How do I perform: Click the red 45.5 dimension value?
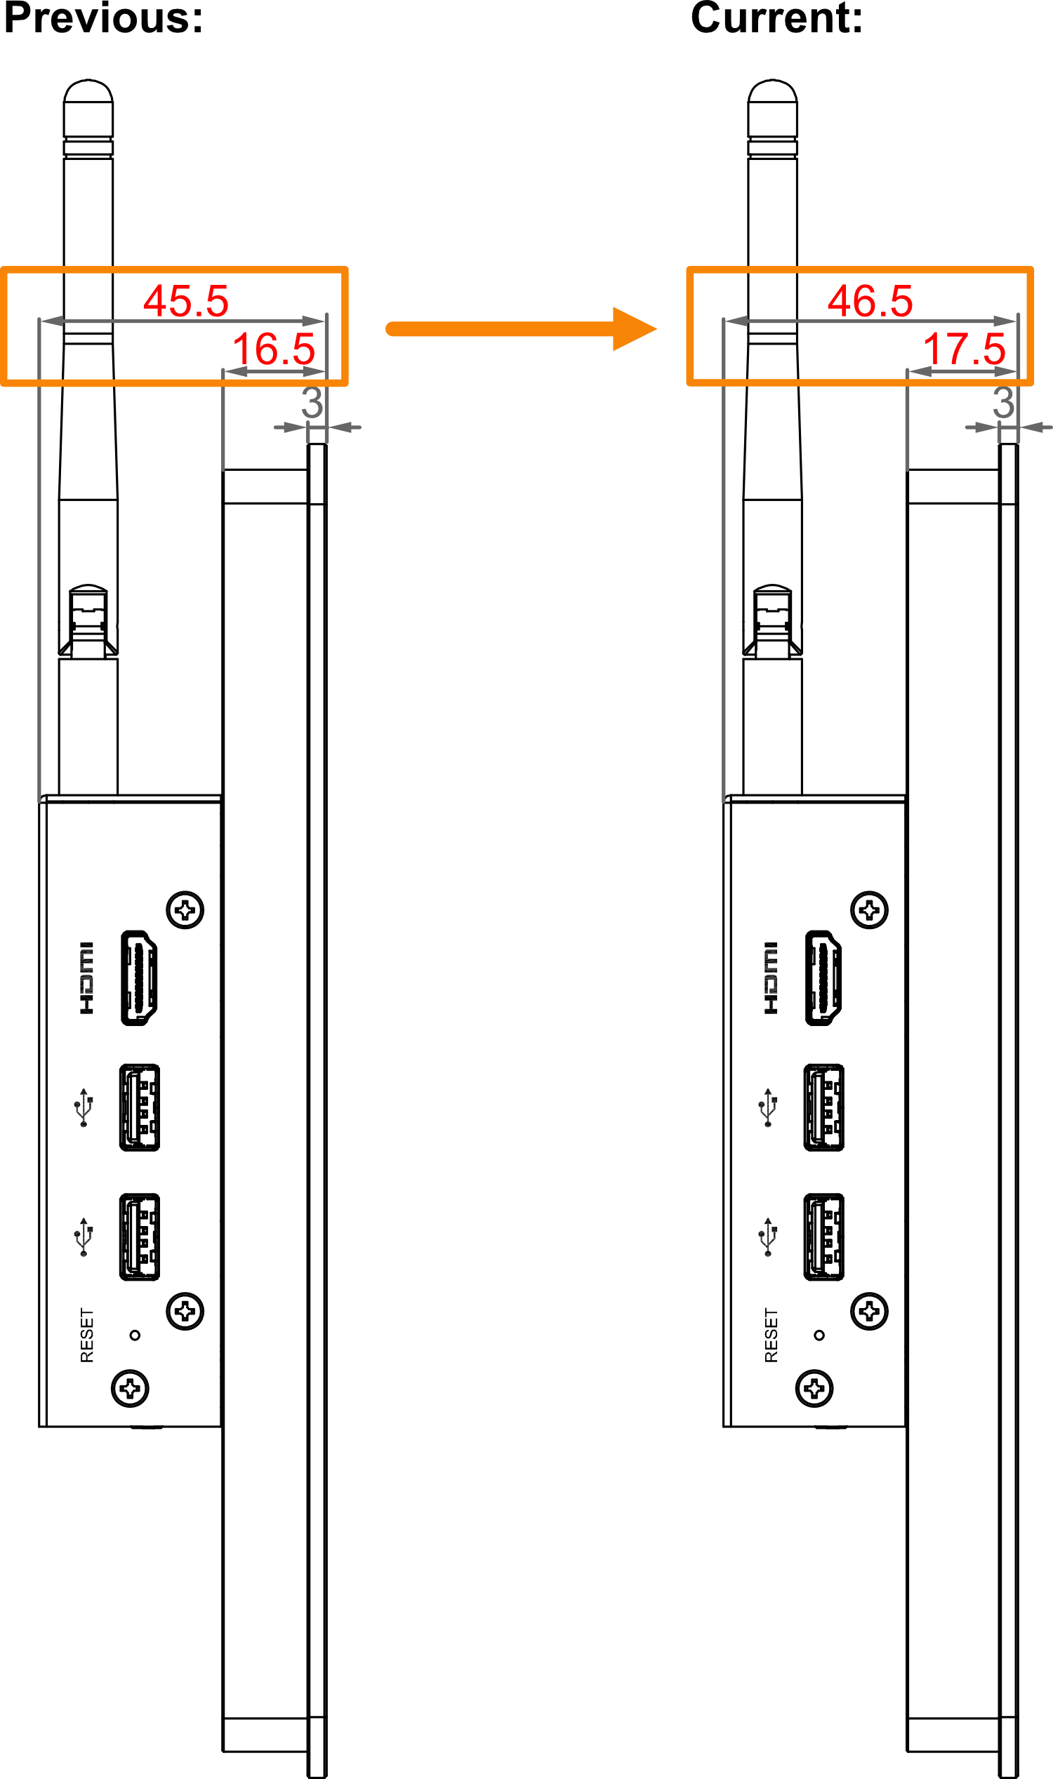[x=186, y=301]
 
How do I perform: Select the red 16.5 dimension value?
[x=274, y=349]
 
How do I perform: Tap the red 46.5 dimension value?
[x=870, y=301]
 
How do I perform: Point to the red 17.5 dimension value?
[x=965, y=349]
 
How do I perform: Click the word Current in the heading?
[x=769, y=17]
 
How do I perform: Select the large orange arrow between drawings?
[x=522, y=328]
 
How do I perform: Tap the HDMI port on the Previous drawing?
[x=139, y=978]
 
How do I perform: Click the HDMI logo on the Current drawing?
[x=771, y=978]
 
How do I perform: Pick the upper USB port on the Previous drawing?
[x=140, y=1107]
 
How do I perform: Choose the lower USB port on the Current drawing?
[x=824, y=1237]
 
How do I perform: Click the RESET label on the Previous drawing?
[x=86, y=1335]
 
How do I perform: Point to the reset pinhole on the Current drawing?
[x=819, y=1335]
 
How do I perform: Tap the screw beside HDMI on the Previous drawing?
[x=185, y=910]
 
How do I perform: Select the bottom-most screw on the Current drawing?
[x=814, y=1388]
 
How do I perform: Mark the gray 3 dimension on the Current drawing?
[x=1003, y=402]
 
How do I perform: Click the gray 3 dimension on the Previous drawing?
[x=312, y=402]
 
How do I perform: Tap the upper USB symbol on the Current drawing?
[x=768, y=1107]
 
